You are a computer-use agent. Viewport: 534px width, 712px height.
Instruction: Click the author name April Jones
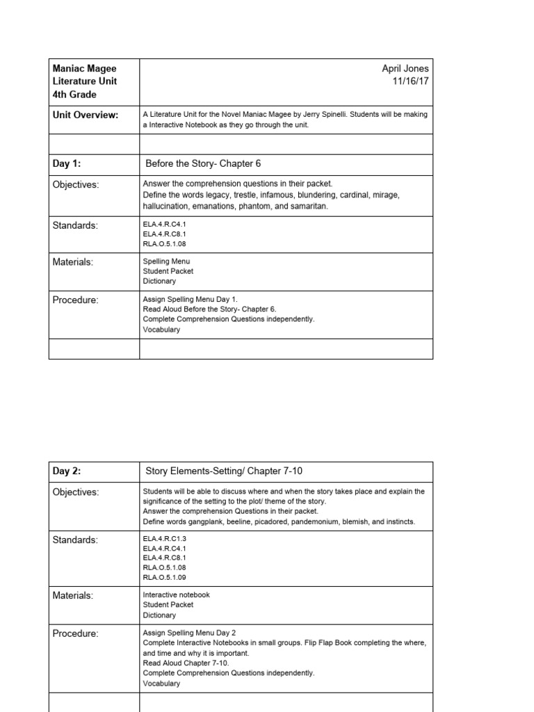coord(405,68)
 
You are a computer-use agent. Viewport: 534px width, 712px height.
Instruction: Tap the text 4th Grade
coord(75,95)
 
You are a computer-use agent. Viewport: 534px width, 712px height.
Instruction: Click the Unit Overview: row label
coord(85,115)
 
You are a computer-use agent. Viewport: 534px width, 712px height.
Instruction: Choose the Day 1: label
coord(67,164)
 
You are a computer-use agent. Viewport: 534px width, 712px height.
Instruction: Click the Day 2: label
coord(67,471)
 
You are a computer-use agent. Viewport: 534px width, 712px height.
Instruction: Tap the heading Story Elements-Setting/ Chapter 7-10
coord(224,471)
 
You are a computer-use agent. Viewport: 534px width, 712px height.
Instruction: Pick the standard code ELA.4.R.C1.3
coord(164,537)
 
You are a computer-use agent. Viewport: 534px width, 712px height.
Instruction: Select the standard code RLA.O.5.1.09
coord(164,577)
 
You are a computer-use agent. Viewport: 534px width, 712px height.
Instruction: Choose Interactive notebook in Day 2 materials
coord(176,595)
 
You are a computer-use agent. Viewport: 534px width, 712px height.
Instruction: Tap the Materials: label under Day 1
coord(73,262)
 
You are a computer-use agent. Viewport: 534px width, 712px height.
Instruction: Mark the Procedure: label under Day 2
coord(76,634)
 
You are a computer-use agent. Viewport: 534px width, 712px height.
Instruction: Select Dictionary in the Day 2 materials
coord(159,615)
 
